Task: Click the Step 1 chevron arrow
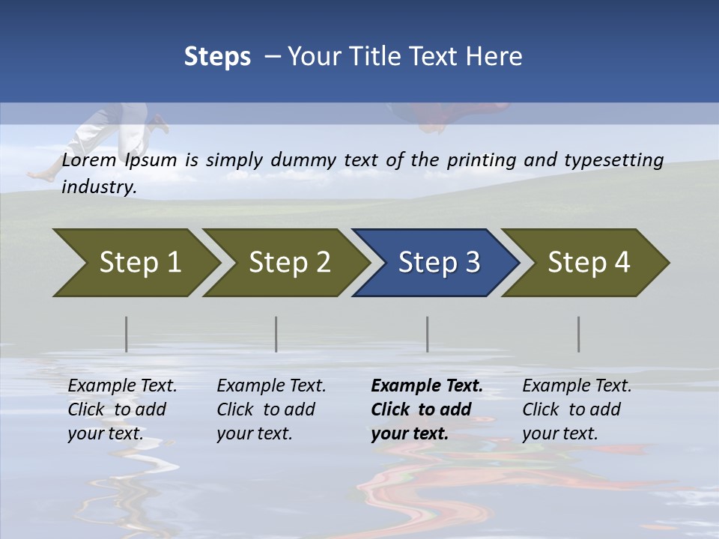135,262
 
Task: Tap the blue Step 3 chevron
436,262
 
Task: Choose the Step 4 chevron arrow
586,262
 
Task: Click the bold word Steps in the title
217,56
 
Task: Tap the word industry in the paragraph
99,186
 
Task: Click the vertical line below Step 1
127,334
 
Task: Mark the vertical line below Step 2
276,334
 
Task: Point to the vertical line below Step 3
428,334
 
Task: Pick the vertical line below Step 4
579,334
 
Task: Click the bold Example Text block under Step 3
427,409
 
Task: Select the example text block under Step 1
122,409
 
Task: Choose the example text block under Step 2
271,409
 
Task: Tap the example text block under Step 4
577,409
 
